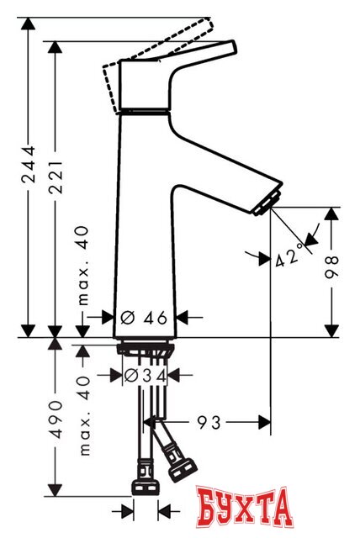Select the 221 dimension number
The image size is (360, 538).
coord(56,177)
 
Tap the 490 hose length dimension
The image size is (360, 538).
coord(56,418)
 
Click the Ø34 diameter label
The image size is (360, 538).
coord(145,375)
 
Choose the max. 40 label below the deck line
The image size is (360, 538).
coord(83,416)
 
